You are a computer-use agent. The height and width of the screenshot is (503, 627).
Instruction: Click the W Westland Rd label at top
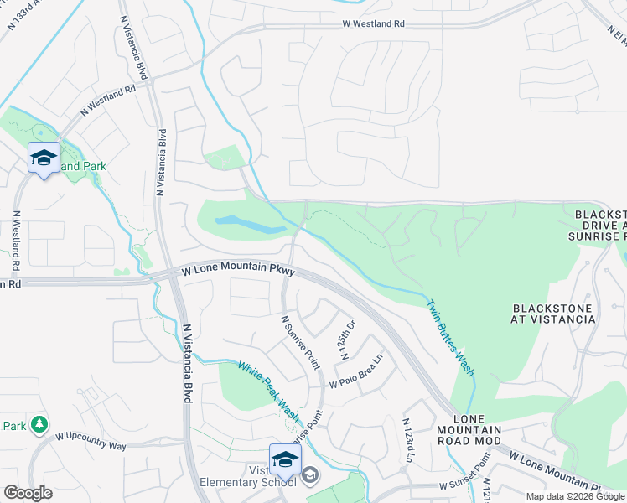click(373, 24)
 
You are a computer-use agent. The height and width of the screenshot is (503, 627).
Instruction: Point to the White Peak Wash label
click(269, 391)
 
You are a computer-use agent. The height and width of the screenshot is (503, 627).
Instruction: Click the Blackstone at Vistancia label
click(552, 314)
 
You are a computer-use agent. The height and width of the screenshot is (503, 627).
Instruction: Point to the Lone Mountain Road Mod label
click(477, 429)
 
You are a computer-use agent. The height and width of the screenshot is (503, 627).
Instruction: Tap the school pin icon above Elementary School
click(285, 460)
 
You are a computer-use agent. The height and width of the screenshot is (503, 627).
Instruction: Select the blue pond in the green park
click(251, 225)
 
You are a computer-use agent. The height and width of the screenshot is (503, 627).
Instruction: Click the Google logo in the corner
click(28, 492)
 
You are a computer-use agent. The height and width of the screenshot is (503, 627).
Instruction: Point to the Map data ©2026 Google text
click(575, 496)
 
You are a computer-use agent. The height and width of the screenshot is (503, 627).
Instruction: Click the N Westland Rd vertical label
click(16, 239)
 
